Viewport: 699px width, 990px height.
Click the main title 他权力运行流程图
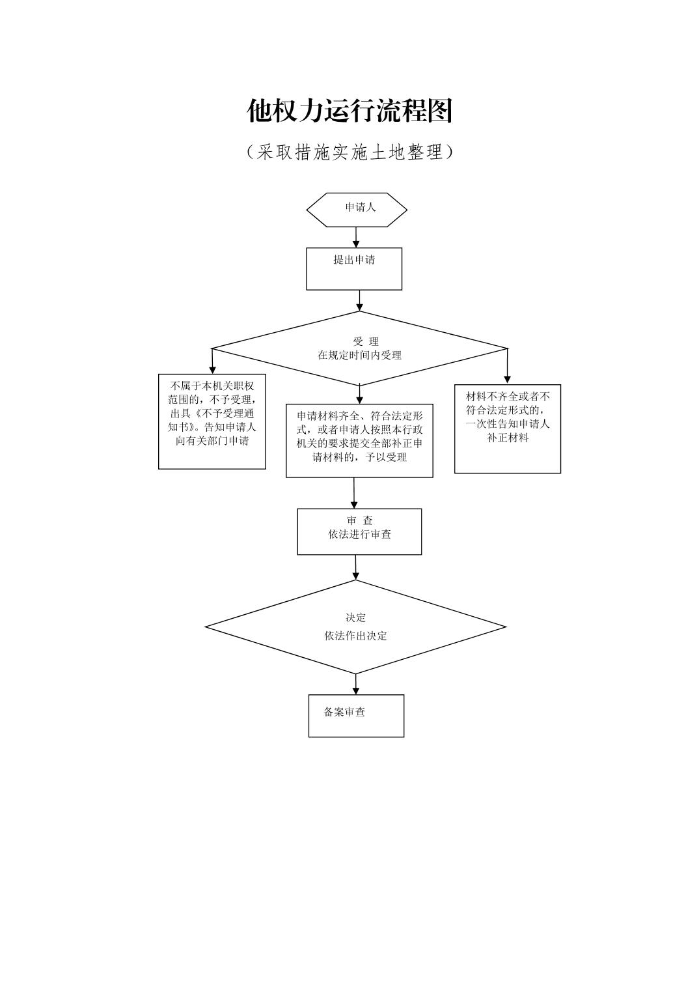coord(349,111)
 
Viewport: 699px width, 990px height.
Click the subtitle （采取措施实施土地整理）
coord(349,152)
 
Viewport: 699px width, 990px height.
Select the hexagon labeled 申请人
coord(357,209)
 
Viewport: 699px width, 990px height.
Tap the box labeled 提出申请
coord(354,268)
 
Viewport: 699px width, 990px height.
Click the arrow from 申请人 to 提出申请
coord(356,237)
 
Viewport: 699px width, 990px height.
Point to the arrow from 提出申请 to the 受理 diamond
coord(359,300)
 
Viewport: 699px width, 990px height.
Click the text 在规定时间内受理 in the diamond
coord(359,356)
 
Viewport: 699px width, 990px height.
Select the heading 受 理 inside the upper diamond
coord(365,341)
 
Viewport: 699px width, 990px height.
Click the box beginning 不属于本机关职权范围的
coord(212,421)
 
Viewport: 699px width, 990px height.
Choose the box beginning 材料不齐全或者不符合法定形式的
coord(508,428)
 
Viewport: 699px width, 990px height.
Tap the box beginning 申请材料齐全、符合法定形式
coord(359,440)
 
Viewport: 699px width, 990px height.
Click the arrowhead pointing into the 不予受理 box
coord(212,369)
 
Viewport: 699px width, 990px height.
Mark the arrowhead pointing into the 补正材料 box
coord(508,379)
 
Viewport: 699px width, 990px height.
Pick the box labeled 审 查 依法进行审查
coord(359,531)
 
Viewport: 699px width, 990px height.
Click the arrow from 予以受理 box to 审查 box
coord(354,493)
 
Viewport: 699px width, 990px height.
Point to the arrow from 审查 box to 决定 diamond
coord(356,567)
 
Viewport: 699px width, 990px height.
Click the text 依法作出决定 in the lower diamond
coord(356,636)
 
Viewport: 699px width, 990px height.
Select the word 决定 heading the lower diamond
coord(356,617)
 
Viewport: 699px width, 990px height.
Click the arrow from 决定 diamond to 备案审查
coord(356,684)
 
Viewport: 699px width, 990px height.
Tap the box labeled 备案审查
coord(356,715)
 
